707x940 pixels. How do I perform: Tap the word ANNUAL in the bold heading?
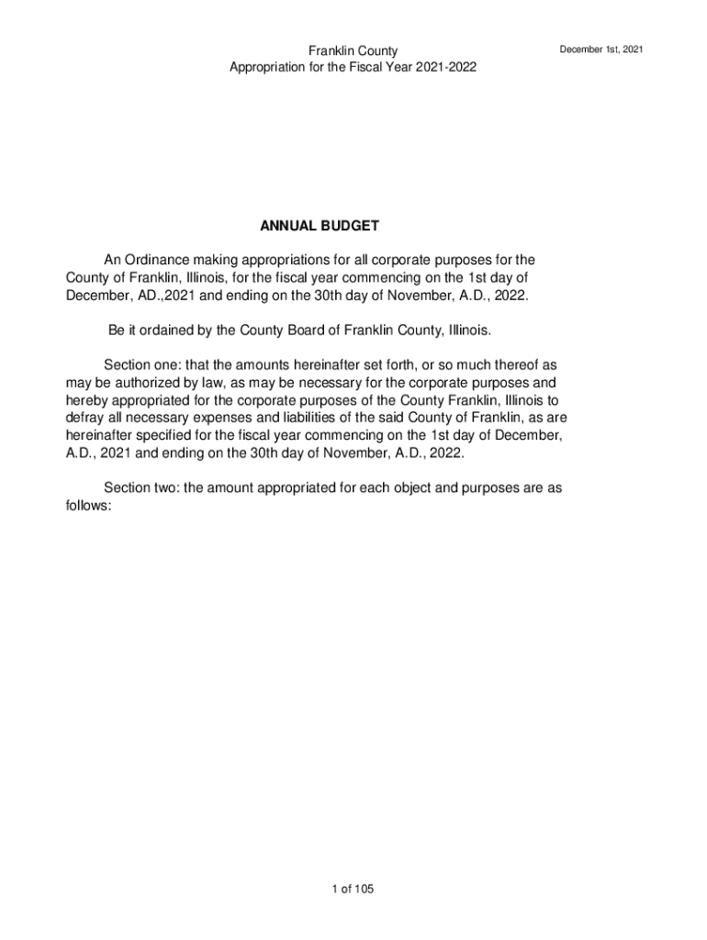(289, 226)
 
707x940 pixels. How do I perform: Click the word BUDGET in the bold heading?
(350, 226)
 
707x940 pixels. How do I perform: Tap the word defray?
(84, 418)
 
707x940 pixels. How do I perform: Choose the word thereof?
(522, 365)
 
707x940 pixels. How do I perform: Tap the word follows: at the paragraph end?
(88, 505)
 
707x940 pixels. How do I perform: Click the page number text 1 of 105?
(353, 889)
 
